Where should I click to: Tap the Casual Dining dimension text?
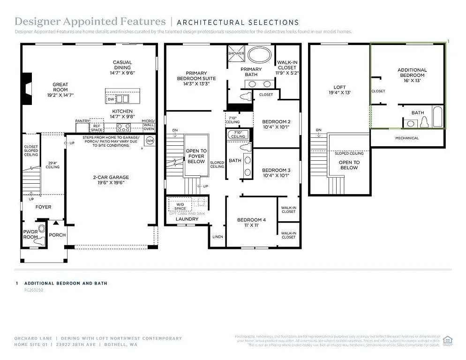click(x=122, y=73)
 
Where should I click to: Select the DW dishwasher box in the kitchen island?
click(x=111, y=99)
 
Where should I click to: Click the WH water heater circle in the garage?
click(x=150, y=141)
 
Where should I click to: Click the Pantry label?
click(x=82, y=121)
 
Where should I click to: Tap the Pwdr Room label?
click(x=30, y=234)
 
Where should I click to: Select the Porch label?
click(x=57, y=235)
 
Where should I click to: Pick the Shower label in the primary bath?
click(x=236, y=53)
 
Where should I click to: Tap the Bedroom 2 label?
click(x=276, y=124)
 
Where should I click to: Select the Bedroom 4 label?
click(x=251, y=222)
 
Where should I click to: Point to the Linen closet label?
click(x=218, y=237)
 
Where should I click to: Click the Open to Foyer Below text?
click(x=196, y=156)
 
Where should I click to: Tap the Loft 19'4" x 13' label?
click(x=339, y=90)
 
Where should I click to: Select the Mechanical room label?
click(x=406, y=138)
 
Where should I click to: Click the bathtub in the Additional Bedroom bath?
click(x=437, y=117)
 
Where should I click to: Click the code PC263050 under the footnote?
click(x=34, y=290)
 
